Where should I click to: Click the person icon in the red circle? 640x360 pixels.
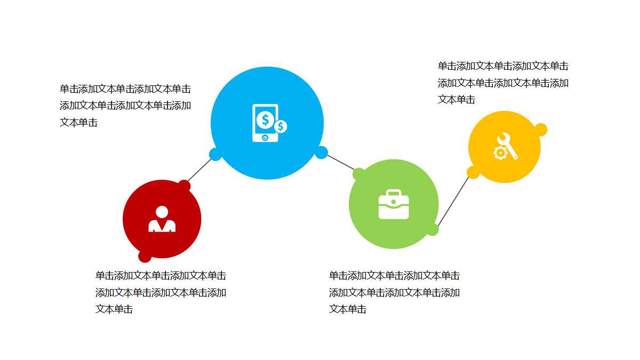[162, 219]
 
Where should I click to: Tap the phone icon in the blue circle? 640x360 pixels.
[265, 123]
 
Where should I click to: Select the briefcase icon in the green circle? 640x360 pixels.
[394, 205]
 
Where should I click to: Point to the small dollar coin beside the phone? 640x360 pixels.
[281, 126]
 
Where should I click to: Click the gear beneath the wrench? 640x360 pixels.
[500, 153]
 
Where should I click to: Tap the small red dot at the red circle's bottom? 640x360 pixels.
[145, 257]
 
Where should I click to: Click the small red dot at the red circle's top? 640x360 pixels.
[184, 186]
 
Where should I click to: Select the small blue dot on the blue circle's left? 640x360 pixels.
[215, 155]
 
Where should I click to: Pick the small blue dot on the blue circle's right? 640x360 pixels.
[321, 153]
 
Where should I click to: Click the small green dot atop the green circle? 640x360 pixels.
[359, 174]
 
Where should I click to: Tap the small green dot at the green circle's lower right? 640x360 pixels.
[432, 229]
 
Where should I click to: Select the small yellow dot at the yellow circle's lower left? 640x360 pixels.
[473, 172]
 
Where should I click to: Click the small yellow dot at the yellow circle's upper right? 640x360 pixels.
[540, 130]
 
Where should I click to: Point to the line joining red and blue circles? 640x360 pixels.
[199, 170]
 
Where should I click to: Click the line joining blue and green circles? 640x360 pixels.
[340, 162]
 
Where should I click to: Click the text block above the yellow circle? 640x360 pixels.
[503, 83]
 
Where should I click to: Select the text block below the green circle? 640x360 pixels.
[394, 292]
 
